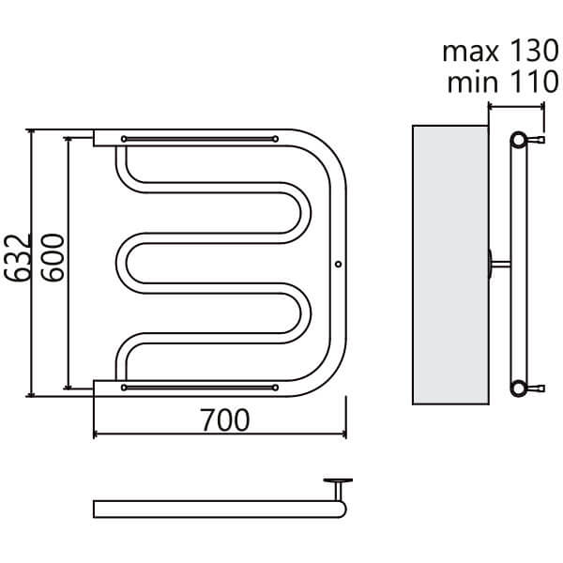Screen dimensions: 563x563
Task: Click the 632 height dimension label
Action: point(17,257)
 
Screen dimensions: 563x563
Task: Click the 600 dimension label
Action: point(53,257)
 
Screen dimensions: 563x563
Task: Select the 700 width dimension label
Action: point(225,419)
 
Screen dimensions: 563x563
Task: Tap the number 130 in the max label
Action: point(534,51)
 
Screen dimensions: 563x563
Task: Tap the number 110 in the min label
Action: point(534,82)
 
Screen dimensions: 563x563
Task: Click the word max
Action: point(470,53)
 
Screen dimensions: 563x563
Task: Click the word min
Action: point(473,82)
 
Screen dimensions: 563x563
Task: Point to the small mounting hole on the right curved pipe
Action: point(338,264)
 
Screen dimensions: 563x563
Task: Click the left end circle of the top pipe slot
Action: point(124,139)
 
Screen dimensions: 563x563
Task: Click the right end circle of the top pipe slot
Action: point(275,139)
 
